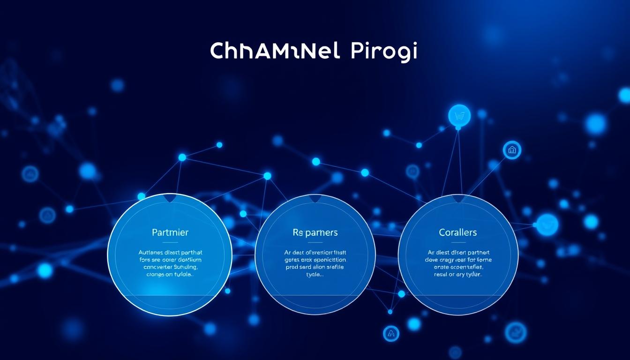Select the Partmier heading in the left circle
point(170,232)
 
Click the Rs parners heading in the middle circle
point(315,232)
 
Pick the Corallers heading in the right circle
point(458,232)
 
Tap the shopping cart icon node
point(459,115)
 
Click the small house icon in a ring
point(512,150)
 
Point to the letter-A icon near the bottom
point(391,333)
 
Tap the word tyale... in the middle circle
point(315,275)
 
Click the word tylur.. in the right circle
point(472,275)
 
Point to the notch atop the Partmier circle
point(170,198)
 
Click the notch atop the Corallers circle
point(458,199)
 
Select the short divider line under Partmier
point(170,242)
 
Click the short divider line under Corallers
point(458,242)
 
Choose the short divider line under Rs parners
point(315,242)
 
